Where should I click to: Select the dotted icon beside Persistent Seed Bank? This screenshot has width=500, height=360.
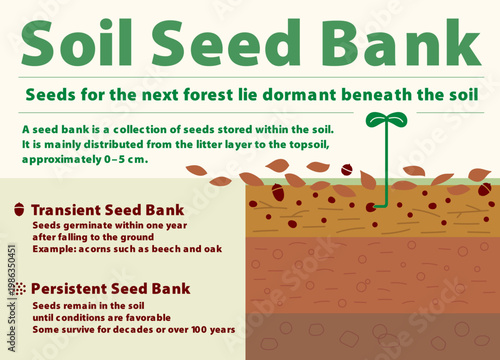click(21, 288)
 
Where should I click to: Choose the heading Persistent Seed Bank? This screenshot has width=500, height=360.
click(110, 288)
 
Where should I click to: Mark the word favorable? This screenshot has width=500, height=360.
click(149, 316)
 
